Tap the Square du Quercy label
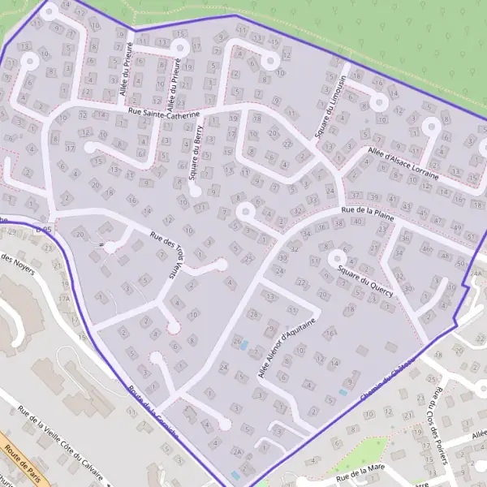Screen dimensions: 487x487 tap(364, 282)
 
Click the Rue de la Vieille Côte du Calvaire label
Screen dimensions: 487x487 tap(62, 446)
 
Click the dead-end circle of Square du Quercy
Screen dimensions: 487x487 tap(333, 258)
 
